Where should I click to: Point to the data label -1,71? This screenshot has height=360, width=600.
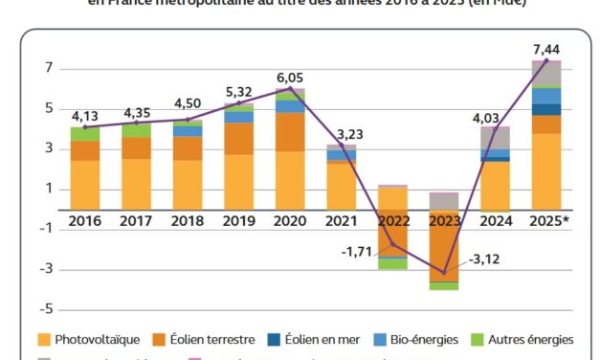356,251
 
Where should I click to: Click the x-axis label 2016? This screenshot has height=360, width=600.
84,221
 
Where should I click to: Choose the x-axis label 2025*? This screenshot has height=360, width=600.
547,221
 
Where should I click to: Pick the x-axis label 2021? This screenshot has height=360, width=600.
341,221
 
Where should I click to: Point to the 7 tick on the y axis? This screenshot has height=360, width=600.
45,69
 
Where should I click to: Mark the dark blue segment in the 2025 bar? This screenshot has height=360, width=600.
546,109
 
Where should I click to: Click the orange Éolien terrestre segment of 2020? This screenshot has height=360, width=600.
290,132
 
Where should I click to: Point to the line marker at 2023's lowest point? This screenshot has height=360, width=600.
443,273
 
